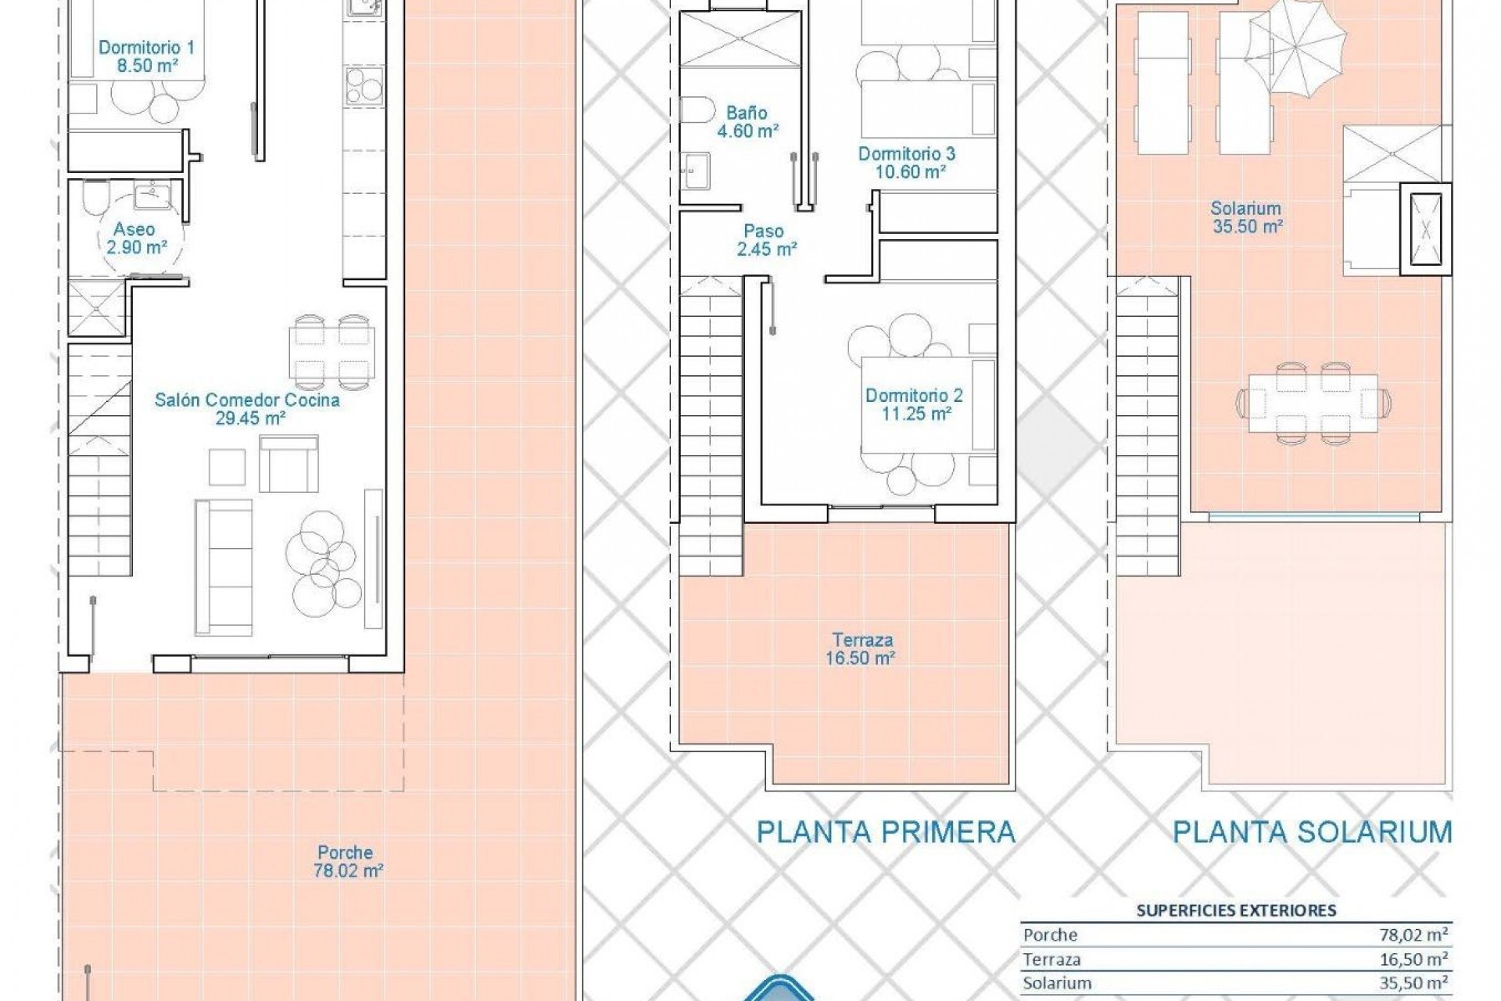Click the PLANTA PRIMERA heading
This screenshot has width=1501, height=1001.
coord(886,832)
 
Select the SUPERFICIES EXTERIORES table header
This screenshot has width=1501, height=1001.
coord(1236,910)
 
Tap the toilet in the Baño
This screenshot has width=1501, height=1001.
coord(695,110)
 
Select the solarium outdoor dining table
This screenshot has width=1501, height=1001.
coord(1313,404)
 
